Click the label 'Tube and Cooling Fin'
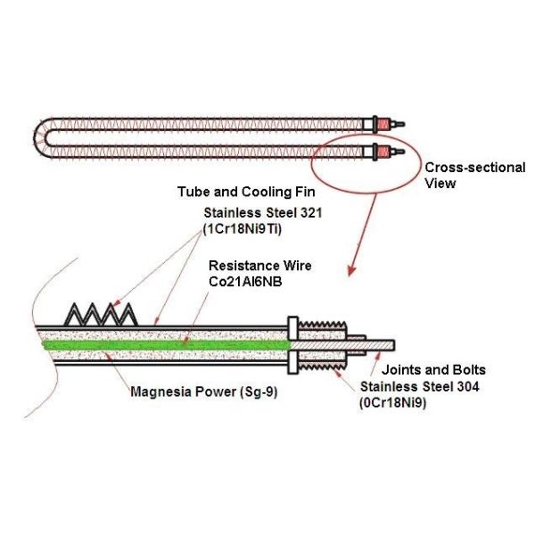(x=246, y=192)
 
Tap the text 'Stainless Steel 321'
(x=263, y=213)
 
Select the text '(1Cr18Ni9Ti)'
(x=243, y=229)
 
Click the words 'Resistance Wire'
(x=260, y=266)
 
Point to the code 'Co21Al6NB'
(x=245, y=282)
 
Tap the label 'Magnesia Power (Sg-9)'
(x=203, y=391)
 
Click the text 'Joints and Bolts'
(x=433, y=370)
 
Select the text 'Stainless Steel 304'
(x=420, y=387)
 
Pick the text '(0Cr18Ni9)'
(x=392, y=403)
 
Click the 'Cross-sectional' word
(x=475, y=168)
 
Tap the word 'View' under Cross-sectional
(x=440, y=184)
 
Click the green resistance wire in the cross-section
(x=166, y=345)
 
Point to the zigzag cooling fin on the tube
(x=101, y=314)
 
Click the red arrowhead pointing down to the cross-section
(x=352, y=270)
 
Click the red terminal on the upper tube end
(x=383, y=124)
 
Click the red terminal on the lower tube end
(x=383, y=152)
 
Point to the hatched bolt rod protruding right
(x=343, y=345)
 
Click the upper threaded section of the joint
(x=323, y=325)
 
